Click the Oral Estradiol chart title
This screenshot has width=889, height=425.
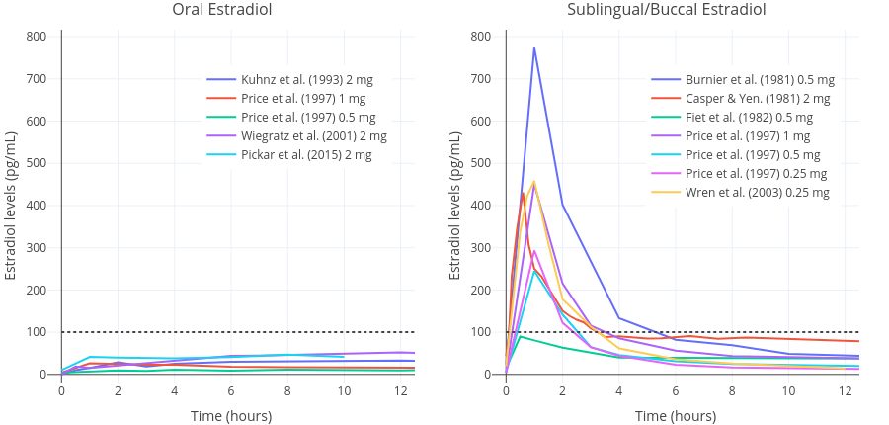point(222,10)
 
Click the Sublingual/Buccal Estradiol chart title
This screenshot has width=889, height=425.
point(667,10)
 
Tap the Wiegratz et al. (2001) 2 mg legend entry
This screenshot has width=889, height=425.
point(313,136)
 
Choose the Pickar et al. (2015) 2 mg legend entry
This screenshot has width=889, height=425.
point(306,155)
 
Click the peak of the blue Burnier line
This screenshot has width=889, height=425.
point(534,48)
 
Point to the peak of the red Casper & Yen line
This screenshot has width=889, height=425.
point(523,193)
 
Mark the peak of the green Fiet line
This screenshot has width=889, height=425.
point(521,337)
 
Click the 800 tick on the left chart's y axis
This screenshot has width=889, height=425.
point(37,37)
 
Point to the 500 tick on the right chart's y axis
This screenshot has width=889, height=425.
point(481,163)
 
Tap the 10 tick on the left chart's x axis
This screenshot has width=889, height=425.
point(344,390)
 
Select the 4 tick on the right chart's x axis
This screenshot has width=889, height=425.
point(619,390)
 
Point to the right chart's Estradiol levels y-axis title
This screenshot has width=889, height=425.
point(455,205)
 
